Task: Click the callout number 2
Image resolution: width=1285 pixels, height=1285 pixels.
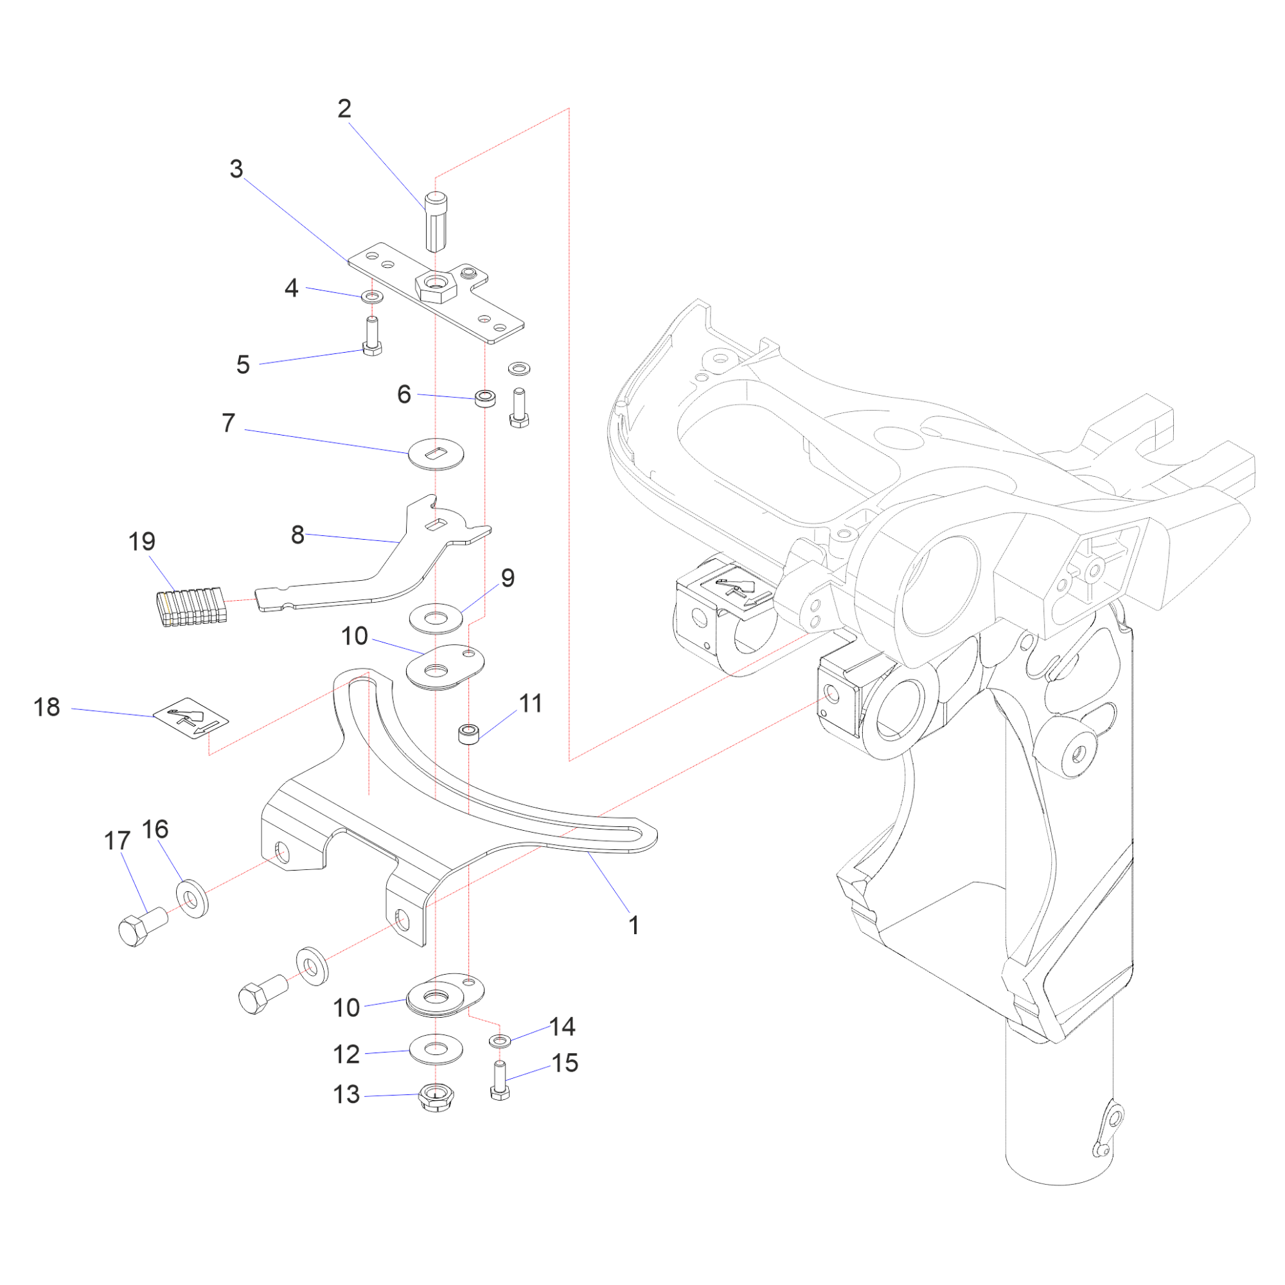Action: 344,109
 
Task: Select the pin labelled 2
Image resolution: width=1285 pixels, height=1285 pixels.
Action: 436,222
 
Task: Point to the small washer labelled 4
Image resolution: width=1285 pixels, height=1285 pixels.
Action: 372,296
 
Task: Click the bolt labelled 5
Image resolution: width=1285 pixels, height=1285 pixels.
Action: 372,337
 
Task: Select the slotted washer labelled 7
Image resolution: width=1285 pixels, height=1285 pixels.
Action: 436,454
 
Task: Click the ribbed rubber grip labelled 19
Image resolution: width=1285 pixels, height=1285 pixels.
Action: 191,607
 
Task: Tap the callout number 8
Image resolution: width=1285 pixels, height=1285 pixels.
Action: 297,535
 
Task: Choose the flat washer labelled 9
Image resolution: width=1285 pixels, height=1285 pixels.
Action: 436,619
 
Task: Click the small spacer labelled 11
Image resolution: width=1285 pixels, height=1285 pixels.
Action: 469,734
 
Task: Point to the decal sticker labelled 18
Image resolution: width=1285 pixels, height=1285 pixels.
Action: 191,719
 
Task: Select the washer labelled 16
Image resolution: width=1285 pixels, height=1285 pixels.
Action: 192,899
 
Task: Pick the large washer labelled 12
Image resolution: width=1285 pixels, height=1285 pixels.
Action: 436,1049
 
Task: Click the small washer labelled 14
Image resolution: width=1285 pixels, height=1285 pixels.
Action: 499,1040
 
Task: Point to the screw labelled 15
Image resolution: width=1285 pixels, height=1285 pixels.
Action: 499,1081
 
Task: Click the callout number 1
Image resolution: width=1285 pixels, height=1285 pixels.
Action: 634,925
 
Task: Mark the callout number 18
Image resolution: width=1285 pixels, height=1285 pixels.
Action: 46,707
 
